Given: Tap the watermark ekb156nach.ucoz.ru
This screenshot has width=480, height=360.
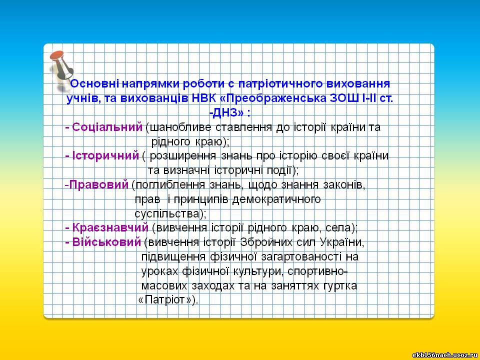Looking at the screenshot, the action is pyautogui.click(x=445, y=355).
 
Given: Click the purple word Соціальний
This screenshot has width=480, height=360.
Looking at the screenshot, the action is pyautogui.click(x=107, y=127).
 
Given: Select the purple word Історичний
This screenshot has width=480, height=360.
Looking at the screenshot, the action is pyautogui.click(x=105, y=156).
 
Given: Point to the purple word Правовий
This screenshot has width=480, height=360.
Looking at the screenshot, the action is pyautogui.click(x=99, y=184).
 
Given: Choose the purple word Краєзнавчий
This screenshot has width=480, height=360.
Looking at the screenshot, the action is pyautogui.click(x=110, y=228).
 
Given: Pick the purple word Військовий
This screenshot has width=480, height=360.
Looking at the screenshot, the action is pyautogui.click(x=106, y=242).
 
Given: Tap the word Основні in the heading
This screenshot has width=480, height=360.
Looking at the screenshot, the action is pyautogui.click(x=95, y=83).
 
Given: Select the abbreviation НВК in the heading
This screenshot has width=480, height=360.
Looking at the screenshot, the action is pyautogui.click(x=202, y=98).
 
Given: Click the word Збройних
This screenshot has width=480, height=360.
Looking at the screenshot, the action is pyautogui.click(x=266, y=242).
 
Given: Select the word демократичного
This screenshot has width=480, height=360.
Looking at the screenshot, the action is pyautogui.click(x=276, y=199).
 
